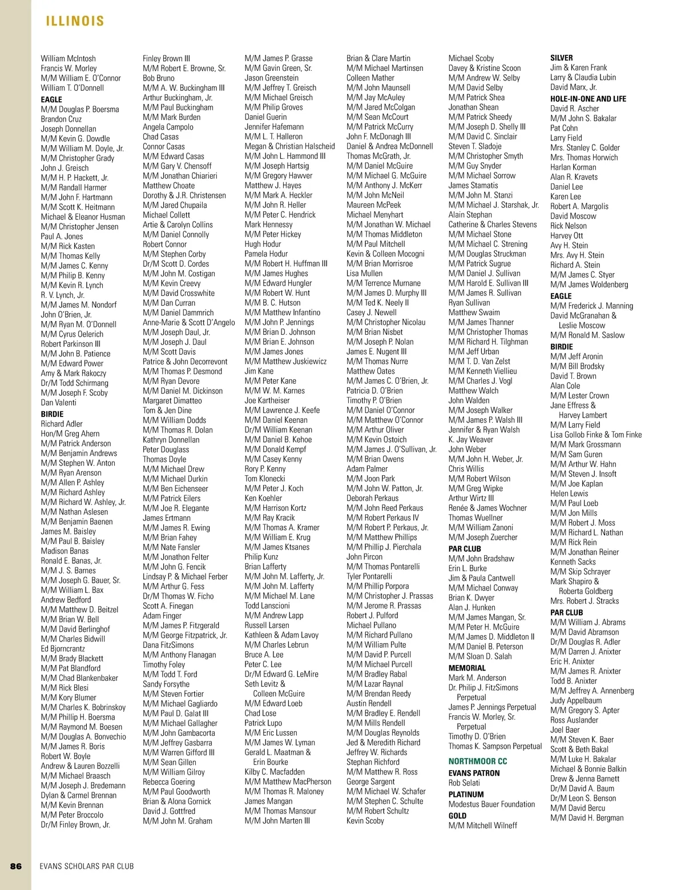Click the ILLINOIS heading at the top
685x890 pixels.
[x=75, y=21]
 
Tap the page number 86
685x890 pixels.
[x=16, y=866]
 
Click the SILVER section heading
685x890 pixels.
[x=562, y=58]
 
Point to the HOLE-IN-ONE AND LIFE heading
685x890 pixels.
[x=588, y=99]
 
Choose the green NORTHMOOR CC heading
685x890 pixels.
[x=478, y=761]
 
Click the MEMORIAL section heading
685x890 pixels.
[x=467, y=668]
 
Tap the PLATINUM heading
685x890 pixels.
[x=466, y=794]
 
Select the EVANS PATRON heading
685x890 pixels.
[x=474, y=773]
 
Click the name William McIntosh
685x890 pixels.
[x=68, y=58]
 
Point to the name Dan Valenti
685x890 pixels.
[x=58, y=402]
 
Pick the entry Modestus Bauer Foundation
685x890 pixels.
[x=491, y=804]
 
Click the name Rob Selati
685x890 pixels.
[x=464, y=783]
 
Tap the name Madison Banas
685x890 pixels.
[x=65, y=551]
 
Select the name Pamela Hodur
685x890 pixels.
[x=266, y=254]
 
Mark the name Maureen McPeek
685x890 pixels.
[x=373, y=205]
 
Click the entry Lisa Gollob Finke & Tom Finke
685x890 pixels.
[x=596, y=434]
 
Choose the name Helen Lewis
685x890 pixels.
[x=569, y=493]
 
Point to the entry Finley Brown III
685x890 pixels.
[x=166, y=58]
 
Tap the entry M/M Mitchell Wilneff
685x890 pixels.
[x=482, y=825]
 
